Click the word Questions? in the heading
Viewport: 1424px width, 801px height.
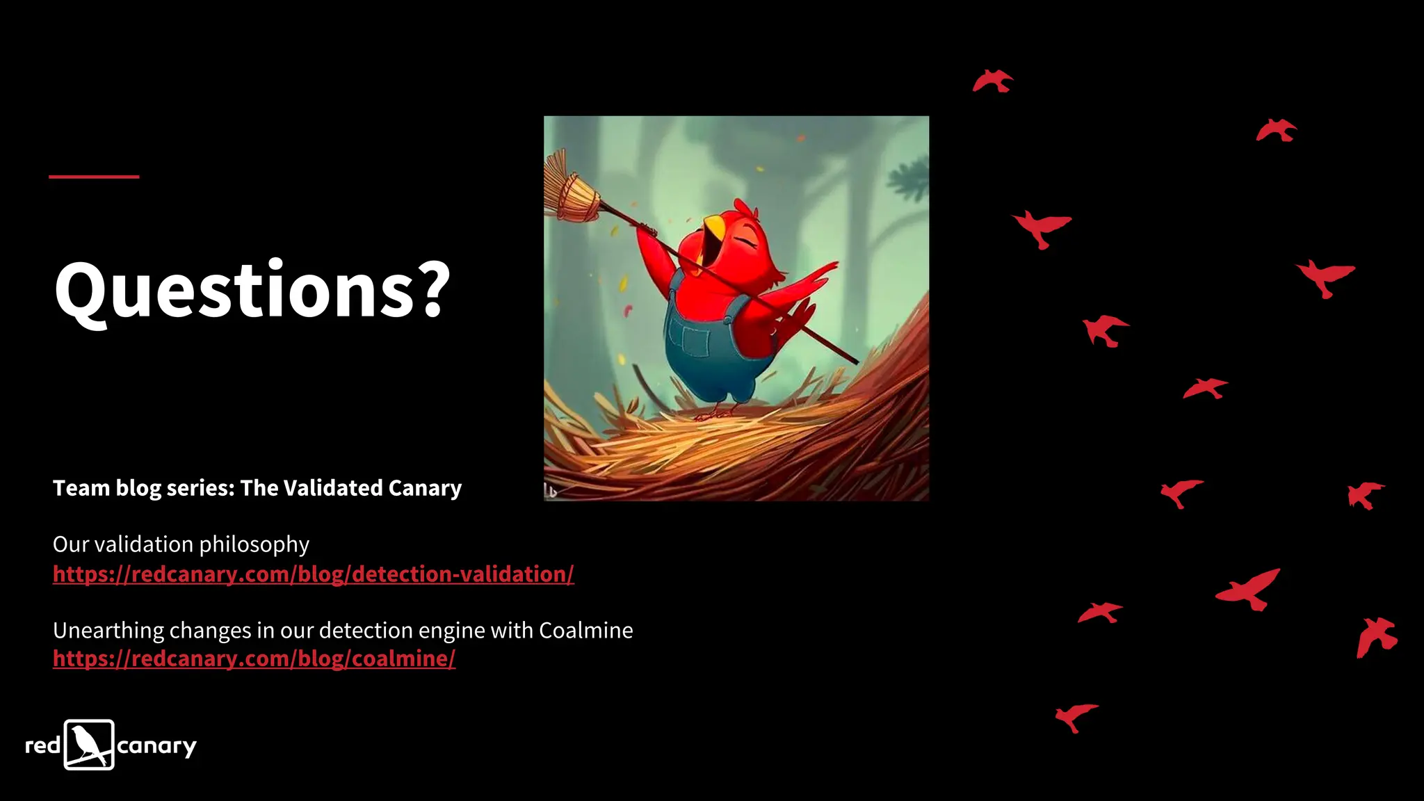(252, 289)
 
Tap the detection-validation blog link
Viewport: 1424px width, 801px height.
(313, 574)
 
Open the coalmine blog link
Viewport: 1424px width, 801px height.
(254, 658)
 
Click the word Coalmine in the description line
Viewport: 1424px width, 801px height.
(585, 631)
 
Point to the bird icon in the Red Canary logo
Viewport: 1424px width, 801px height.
(89, 745)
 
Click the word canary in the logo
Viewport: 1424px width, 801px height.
(156, 747)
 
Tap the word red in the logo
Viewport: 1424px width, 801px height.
(43, 746)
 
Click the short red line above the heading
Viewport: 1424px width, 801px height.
(94, 177)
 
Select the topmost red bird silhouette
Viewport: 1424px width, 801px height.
(992, 81)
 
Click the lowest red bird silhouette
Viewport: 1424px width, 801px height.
(1075, 715)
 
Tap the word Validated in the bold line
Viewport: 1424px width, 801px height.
(333, 488)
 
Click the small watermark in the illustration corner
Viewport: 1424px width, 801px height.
(551, 492)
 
